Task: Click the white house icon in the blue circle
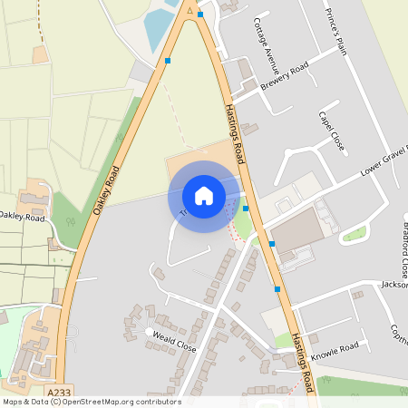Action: click(x=204, y=196)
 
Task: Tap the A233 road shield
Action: click(x=59, y=392)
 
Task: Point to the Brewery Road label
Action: click(x=285, y=75)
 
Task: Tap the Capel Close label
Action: click(x=332, y=131)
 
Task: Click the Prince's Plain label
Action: click(x=335, y=33)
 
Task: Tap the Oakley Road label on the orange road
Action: click(x=107, y=188)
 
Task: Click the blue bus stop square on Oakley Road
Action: click(x=168, y=61)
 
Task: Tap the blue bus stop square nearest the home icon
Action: click(x=246, y=209)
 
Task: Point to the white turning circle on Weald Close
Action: click(x=150, y=333)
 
